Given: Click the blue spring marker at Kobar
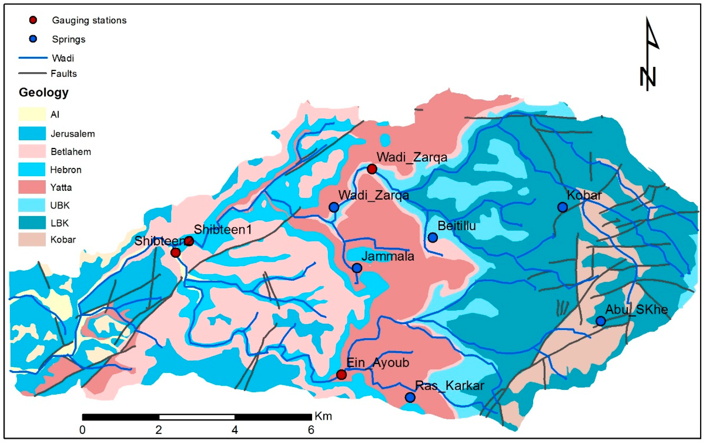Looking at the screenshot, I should [x=562, y=207].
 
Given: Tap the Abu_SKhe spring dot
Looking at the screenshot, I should [x=601, y=321].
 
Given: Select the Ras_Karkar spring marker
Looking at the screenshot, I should [x=410, y=397].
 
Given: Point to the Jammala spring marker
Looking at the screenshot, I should [x=357, y=268].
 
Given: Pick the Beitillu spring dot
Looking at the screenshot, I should [x=433, y=238].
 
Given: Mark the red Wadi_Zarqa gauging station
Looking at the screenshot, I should [x=372, y=169].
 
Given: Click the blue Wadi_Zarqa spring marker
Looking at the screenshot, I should [x=334, y=207].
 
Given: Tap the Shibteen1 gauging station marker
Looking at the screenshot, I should [x=189, y=241].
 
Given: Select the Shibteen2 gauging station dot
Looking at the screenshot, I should [x=175, y=252].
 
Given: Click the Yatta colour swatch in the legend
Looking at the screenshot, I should [x=32, y=187].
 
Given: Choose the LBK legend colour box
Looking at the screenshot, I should [x=32, y=223].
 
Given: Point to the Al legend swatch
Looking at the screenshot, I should [x=32, y=114].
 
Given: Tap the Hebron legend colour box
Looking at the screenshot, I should [x=32, y=169].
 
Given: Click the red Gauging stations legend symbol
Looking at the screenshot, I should [x=33, y=20].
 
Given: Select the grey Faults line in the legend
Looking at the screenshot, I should [x=33, y=73].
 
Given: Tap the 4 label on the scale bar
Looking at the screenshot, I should [x=235, y=430].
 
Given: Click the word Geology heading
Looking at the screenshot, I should [x=44, y=92].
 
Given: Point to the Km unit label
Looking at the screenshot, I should [x=323, y=416].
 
